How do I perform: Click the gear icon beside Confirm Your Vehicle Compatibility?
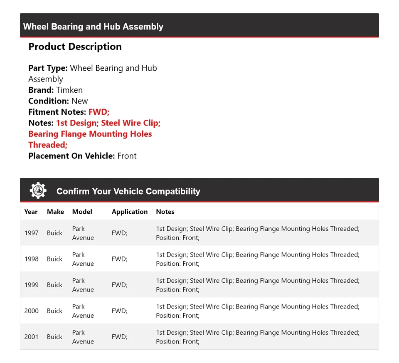[x=38, y=190]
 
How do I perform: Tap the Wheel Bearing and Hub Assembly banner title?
[x=93, y=27]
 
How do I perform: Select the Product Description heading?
[x=75, y=47]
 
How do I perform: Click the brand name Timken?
[x=69, y=90]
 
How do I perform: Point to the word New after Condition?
[x=79, y=101]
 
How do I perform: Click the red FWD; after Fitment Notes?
[x=99, y=112]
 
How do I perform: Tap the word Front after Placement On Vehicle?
[x=127, y=156]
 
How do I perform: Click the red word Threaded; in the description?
[x=48, y=145]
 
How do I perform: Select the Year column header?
[x=31, y=212]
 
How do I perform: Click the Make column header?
[x=55, y=212]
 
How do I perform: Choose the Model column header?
[x=82, y=212]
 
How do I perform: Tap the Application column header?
[x=130, y=212]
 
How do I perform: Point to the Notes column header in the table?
[x=165, y=212]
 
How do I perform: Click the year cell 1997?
[x=31, y=233]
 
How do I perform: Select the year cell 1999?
[x=31, y=285]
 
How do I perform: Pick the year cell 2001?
[x=31, y=337]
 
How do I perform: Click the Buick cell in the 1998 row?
[x=54, y=259]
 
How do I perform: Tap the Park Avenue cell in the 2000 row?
[x=83, y=311]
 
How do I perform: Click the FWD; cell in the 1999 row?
[x=119, y=285]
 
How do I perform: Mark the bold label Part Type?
[x=48, y=68]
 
